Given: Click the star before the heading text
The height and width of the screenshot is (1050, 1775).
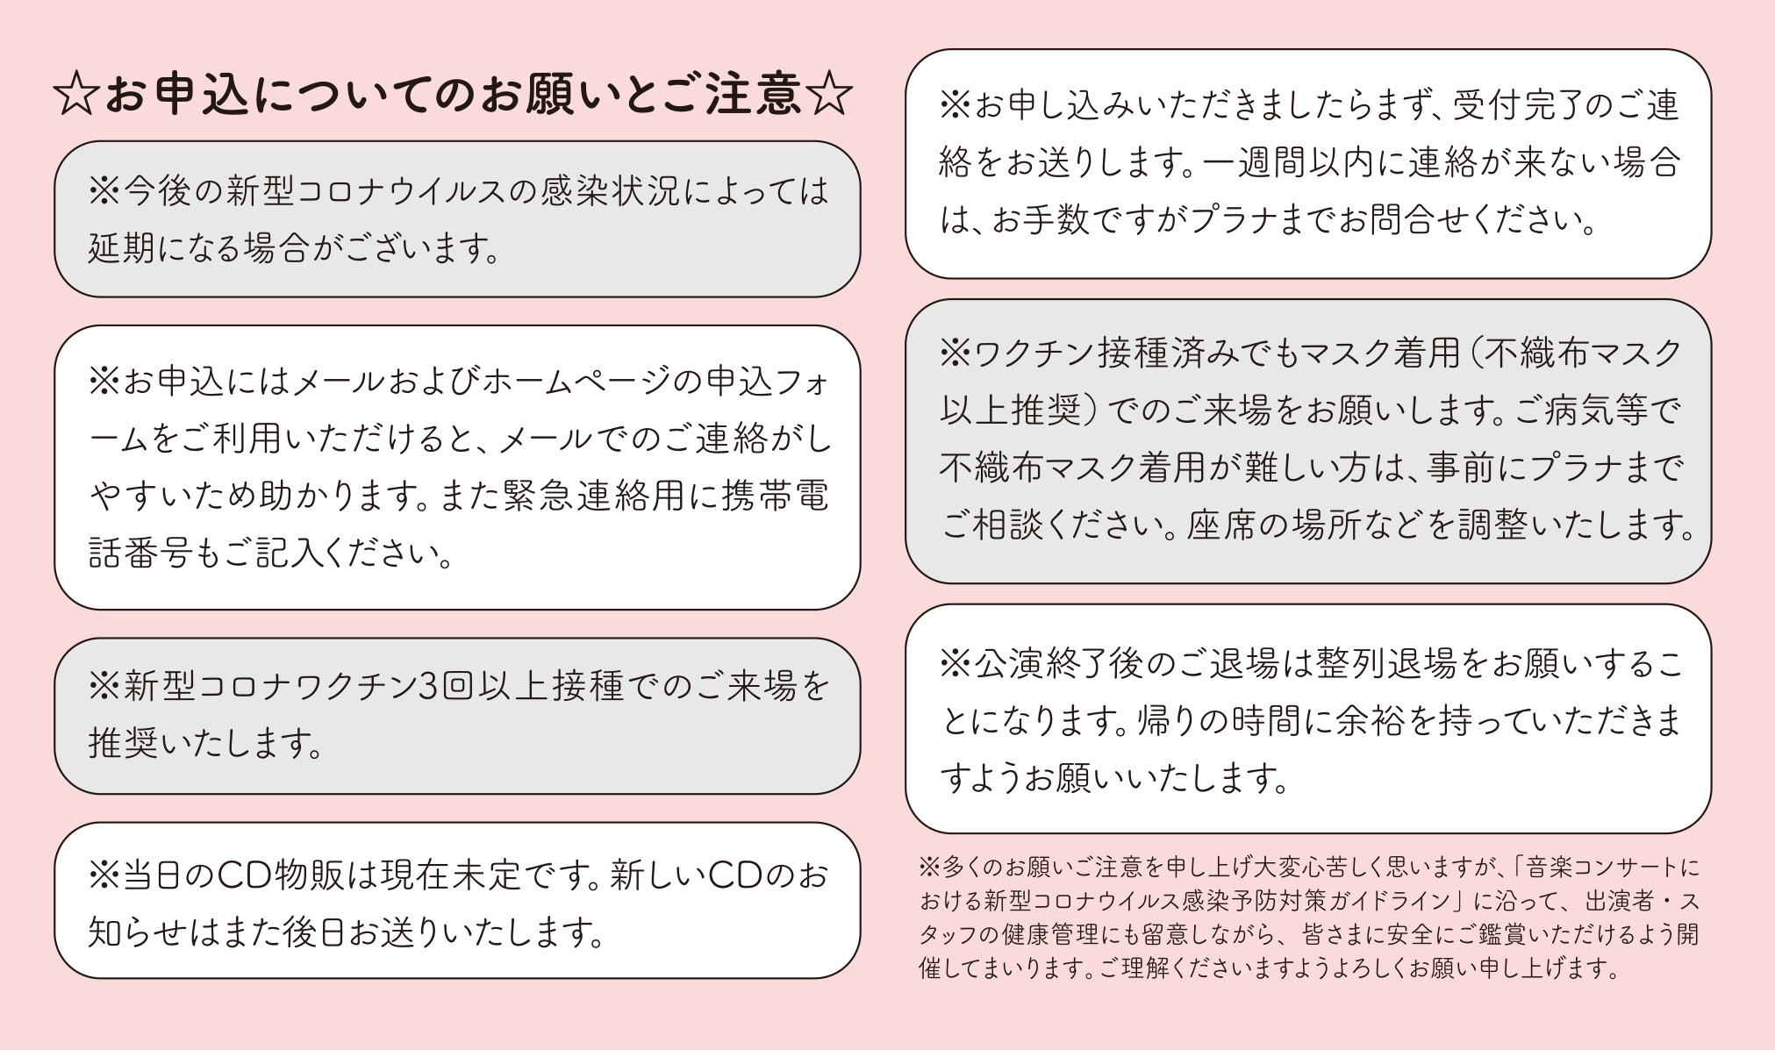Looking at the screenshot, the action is (x=77, y=94).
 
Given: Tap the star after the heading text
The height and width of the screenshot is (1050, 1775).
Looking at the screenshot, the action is (x=829, y=94).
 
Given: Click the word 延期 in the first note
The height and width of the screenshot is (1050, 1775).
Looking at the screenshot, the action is (x=121, y=248).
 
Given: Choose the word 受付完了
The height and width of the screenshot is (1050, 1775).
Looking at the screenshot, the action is (x=1521, y=105).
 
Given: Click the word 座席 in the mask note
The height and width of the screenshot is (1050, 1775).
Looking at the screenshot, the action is (x=1222, y=525).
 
